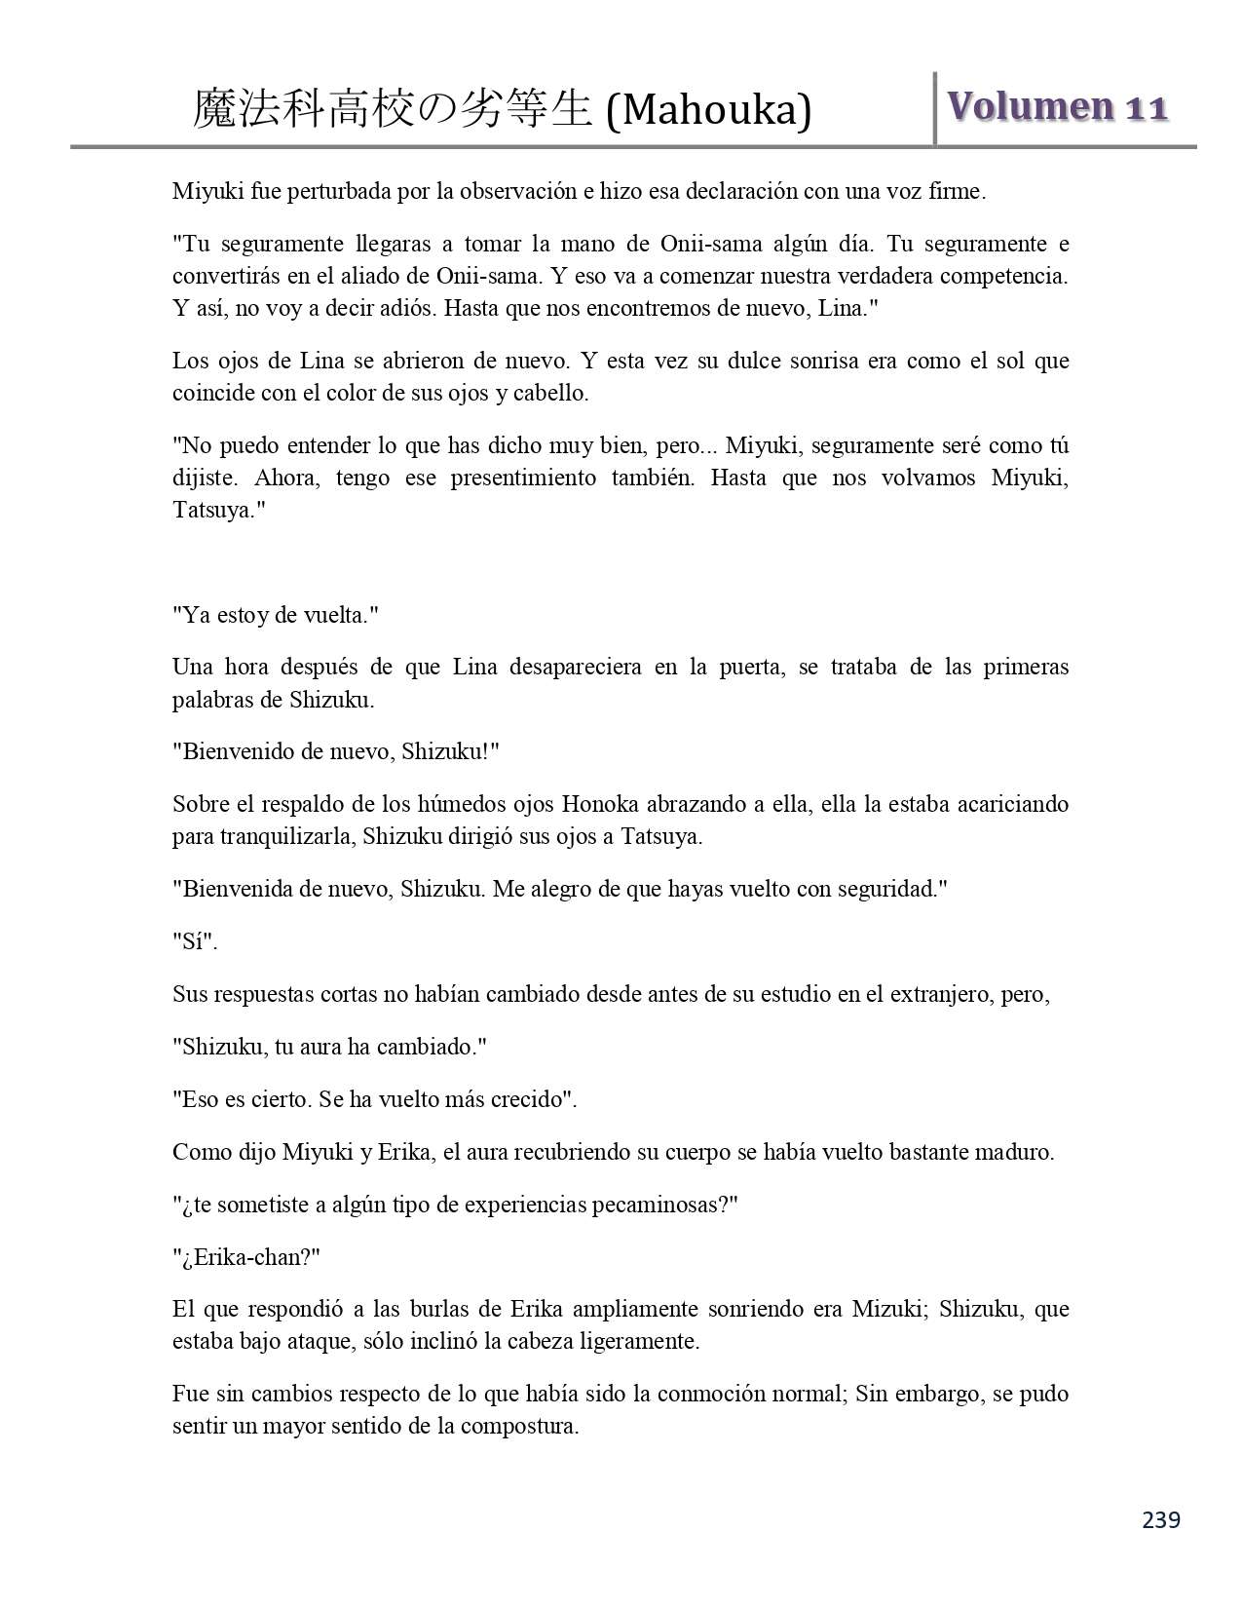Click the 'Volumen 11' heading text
pos(1058,107)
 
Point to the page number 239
pos(1161,1519)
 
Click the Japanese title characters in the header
pos(393,109)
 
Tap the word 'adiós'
pos(450,309)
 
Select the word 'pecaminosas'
pos(652,1206)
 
